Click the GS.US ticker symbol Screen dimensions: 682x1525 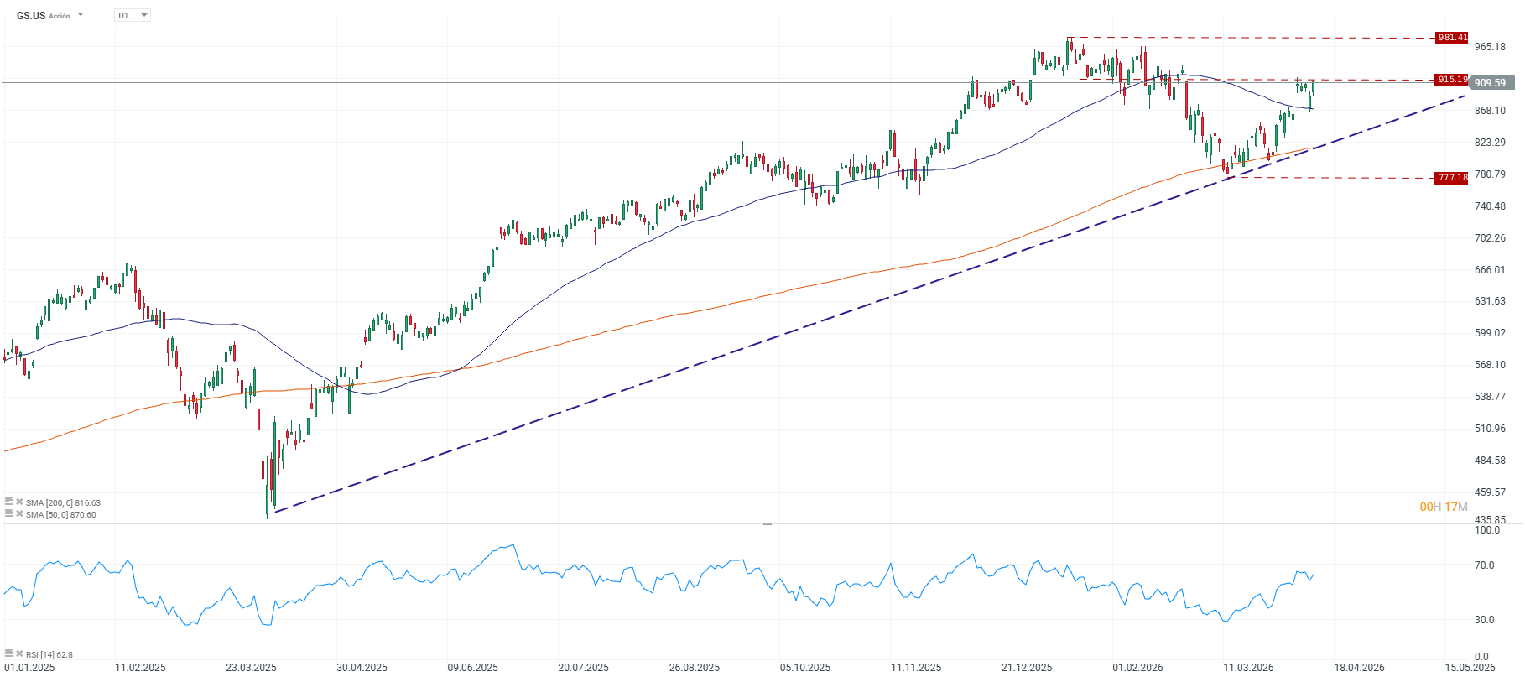31,16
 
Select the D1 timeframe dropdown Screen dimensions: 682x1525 132,15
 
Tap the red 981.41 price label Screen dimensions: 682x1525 1451,38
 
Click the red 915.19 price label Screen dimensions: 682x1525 1451,80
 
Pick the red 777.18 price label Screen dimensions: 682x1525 1451,178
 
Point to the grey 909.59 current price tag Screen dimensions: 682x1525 1491,82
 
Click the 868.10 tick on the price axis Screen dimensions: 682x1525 1490,111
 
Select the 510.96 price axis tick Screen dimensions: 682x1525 1490,429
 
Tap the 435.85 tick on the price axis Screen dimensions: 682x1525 1490,520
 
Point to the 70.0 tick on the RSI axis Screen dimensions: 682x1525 1484,565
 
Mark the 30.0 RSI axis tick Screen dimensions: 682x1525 1484,620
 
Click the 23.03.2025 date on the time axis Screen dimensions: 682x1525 251,668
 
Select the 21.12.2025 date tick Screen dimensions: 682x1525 1026,668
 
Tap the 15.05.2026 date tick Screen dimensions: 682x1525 1469,668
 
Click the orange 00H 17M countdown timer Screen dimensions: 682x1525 1443,507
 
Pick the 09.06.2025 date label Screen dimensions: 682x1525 472,668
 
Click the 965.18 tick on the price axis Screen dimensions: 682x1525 1490,47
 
